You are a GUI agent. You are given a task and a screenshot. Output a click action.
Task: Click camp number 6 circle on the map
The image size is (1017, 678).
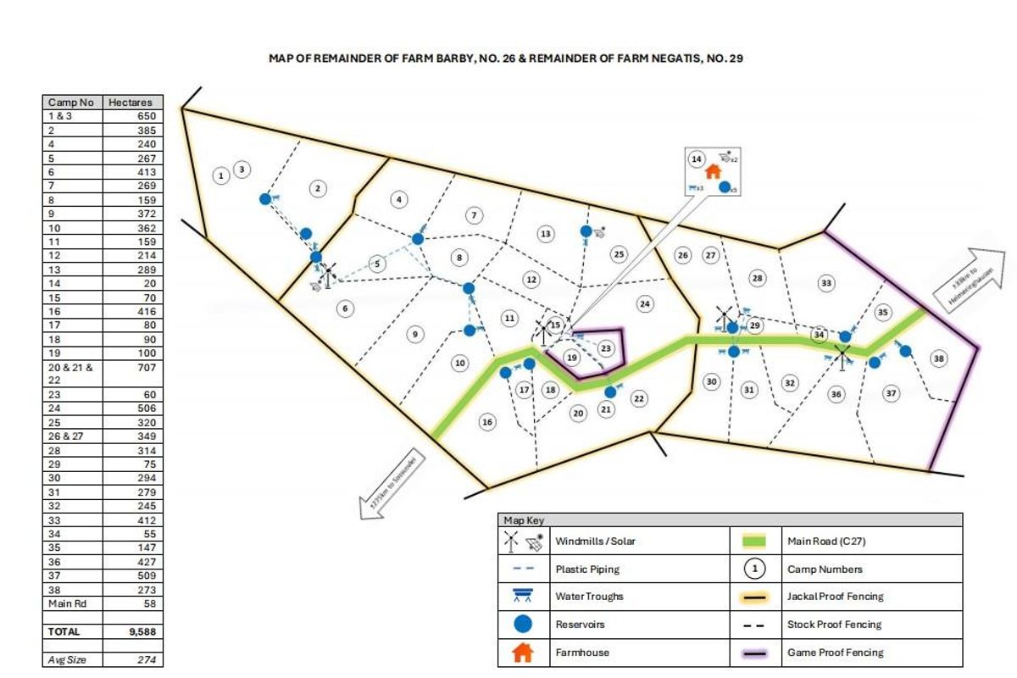[345, 308]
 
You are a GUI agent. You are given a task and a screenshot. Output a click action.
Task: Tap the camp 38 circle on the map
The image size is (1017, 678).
[938, 358]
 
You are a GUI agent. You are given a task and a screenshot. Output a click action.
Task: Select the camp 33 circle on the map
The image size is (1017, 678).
[826, 283]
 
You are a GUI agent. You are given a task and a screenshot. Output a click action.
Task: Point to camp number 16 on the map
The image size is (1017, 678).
[486, 422]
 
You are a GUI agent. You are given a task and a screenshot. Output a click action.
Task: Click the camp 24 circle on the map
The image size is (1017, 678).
[645, 304]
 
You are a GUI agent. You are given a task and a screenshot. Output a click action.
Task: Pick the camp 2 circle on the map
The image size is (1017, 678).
[318, 188]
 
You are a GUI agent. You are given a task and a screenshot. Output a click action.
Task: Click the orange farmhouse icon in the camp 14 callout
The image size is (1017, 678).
[713, 171]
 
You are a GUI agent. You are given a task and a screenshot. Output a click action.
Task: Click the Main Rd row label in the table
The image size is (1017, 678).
[66, 603]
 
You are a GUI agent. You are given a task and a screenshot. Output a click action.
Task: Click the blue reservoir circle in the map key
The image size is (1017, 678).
[523, 625]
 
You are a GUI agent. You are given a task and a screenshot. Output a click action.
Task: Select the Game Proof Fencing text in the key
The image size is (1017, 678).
[835, 653]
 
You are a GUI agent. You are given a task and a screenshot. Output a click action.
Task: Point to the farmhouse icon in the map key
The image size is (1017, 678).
[523, 653]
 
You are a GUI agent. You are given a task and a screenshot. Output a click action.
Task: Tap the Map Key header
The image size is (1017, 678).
[523, 520]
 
